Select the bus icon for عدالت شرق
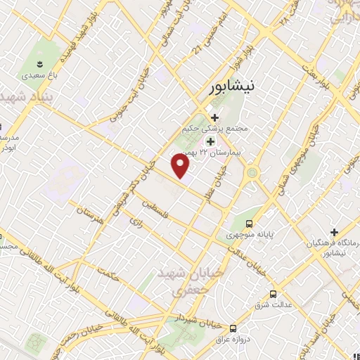pos(273,295)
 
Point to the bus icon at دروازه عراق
pos(233,328)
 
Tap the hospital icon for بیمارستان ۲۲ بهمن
pos(210,142)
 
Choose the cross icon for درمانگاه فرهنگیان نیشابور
pos(335,232)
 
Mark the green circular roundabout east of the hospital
pos(251,172)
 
